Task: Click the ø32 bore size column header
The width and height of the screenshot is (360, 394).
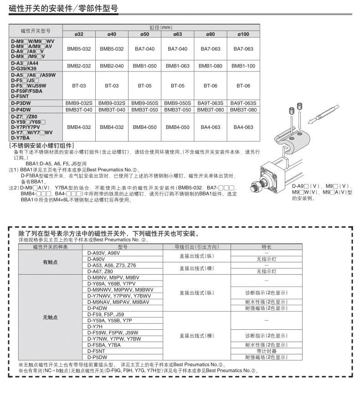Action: tap(79, 34)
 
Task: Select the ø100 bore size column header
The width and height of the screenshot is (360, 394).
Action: tap(243, 34)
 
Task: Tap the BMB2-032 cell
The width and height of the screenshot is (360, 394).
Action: tap(79, 66)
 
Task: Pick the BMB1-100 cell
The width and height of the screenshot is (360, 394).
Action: tap(243, 66)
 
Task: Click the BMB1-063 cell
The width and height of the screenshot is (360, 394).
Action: tap(177, 66)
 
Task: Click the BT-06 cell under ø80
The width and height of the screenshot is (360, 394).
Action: tap(210, 86)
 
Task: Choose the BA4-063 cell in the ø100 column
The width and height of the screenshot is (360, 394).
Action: tap(243, 128)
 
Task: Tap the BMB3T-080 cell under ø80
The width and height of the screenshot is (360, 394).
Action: tap(210, 110)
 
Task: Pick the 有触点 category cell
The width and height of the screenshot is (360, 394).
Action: tap(50, 262)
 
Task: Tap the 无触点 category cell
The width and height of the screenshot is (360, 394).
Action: tap(50, 317)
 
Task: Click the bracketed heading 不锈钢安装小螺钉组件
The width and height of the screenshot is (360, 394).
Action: tap(41, 146)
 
